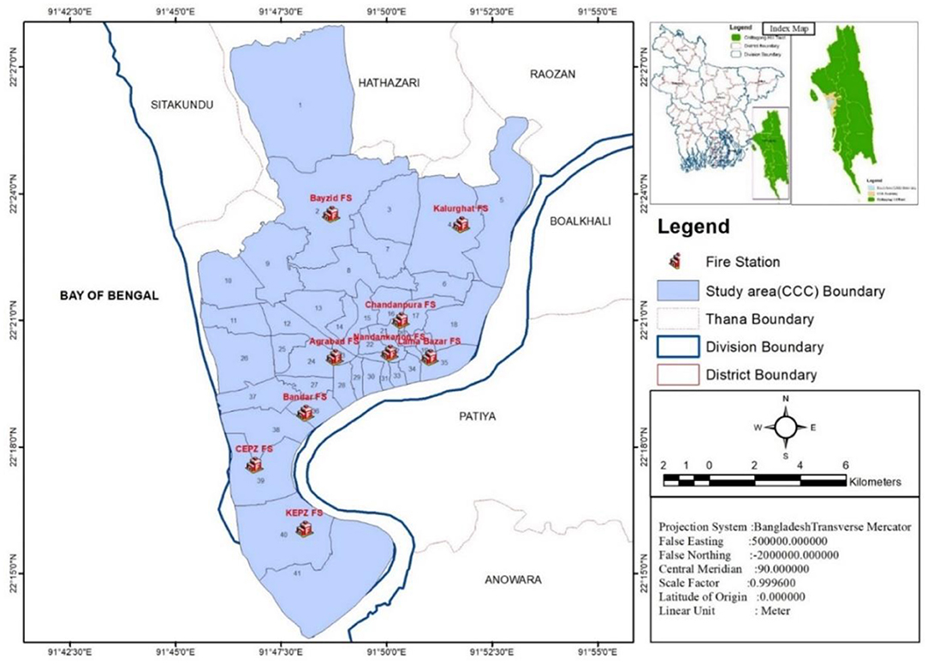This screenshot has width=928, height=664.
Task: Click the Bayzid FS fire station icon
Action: coord(331,215)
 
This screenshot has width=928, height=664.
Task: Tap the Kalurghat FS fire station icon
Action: coord(461,224)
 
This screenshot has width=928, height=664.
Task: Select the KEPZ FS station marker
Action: coord(304,529)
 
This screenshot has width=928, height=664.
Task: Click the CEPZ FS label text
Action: coord(253,448)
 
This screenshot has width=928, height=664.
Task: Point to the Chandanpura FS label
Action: coord(401,305)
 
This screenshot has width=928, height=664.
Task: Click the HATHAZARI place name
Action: coord(388,82)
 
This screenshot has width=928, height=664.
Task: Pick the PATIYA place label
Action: coord(473,417)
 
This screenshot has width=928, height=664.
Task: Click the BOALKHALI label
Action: coord(580,221)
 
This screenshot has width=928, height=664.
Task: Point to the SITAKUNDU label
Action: coord(181,104)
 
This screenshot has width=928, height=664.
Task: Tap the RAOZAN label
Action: coord(552,74)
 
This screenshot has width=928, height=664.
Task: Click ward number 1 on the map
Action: coord(300,105)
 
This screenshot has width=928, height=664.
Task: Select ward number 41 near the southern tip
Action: coord(296,572)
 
